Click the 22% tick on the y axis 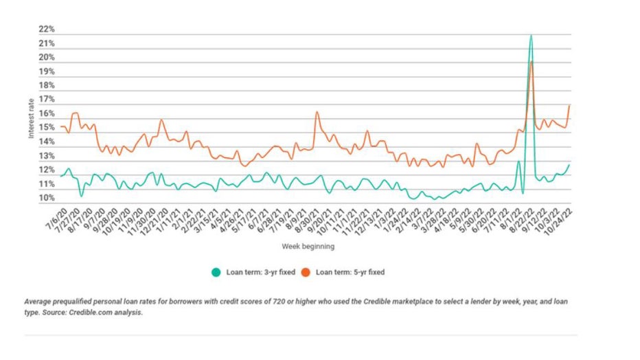point(47,30)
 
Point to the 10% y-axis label point(47,199)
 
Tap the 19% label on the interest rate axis point(47,72)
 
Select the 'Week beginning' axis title point(308,245)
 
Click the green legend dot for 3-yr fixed point(216,272)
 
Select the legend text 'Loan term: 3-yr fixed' point(260,272)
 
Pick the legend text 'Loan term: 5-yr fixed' point(350,272)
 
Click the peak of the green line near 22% point(531,35)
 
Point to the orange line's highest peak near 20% point(532,62)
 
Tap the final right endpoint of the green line point(569,165)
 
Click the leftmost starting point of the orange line point(60,126)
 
